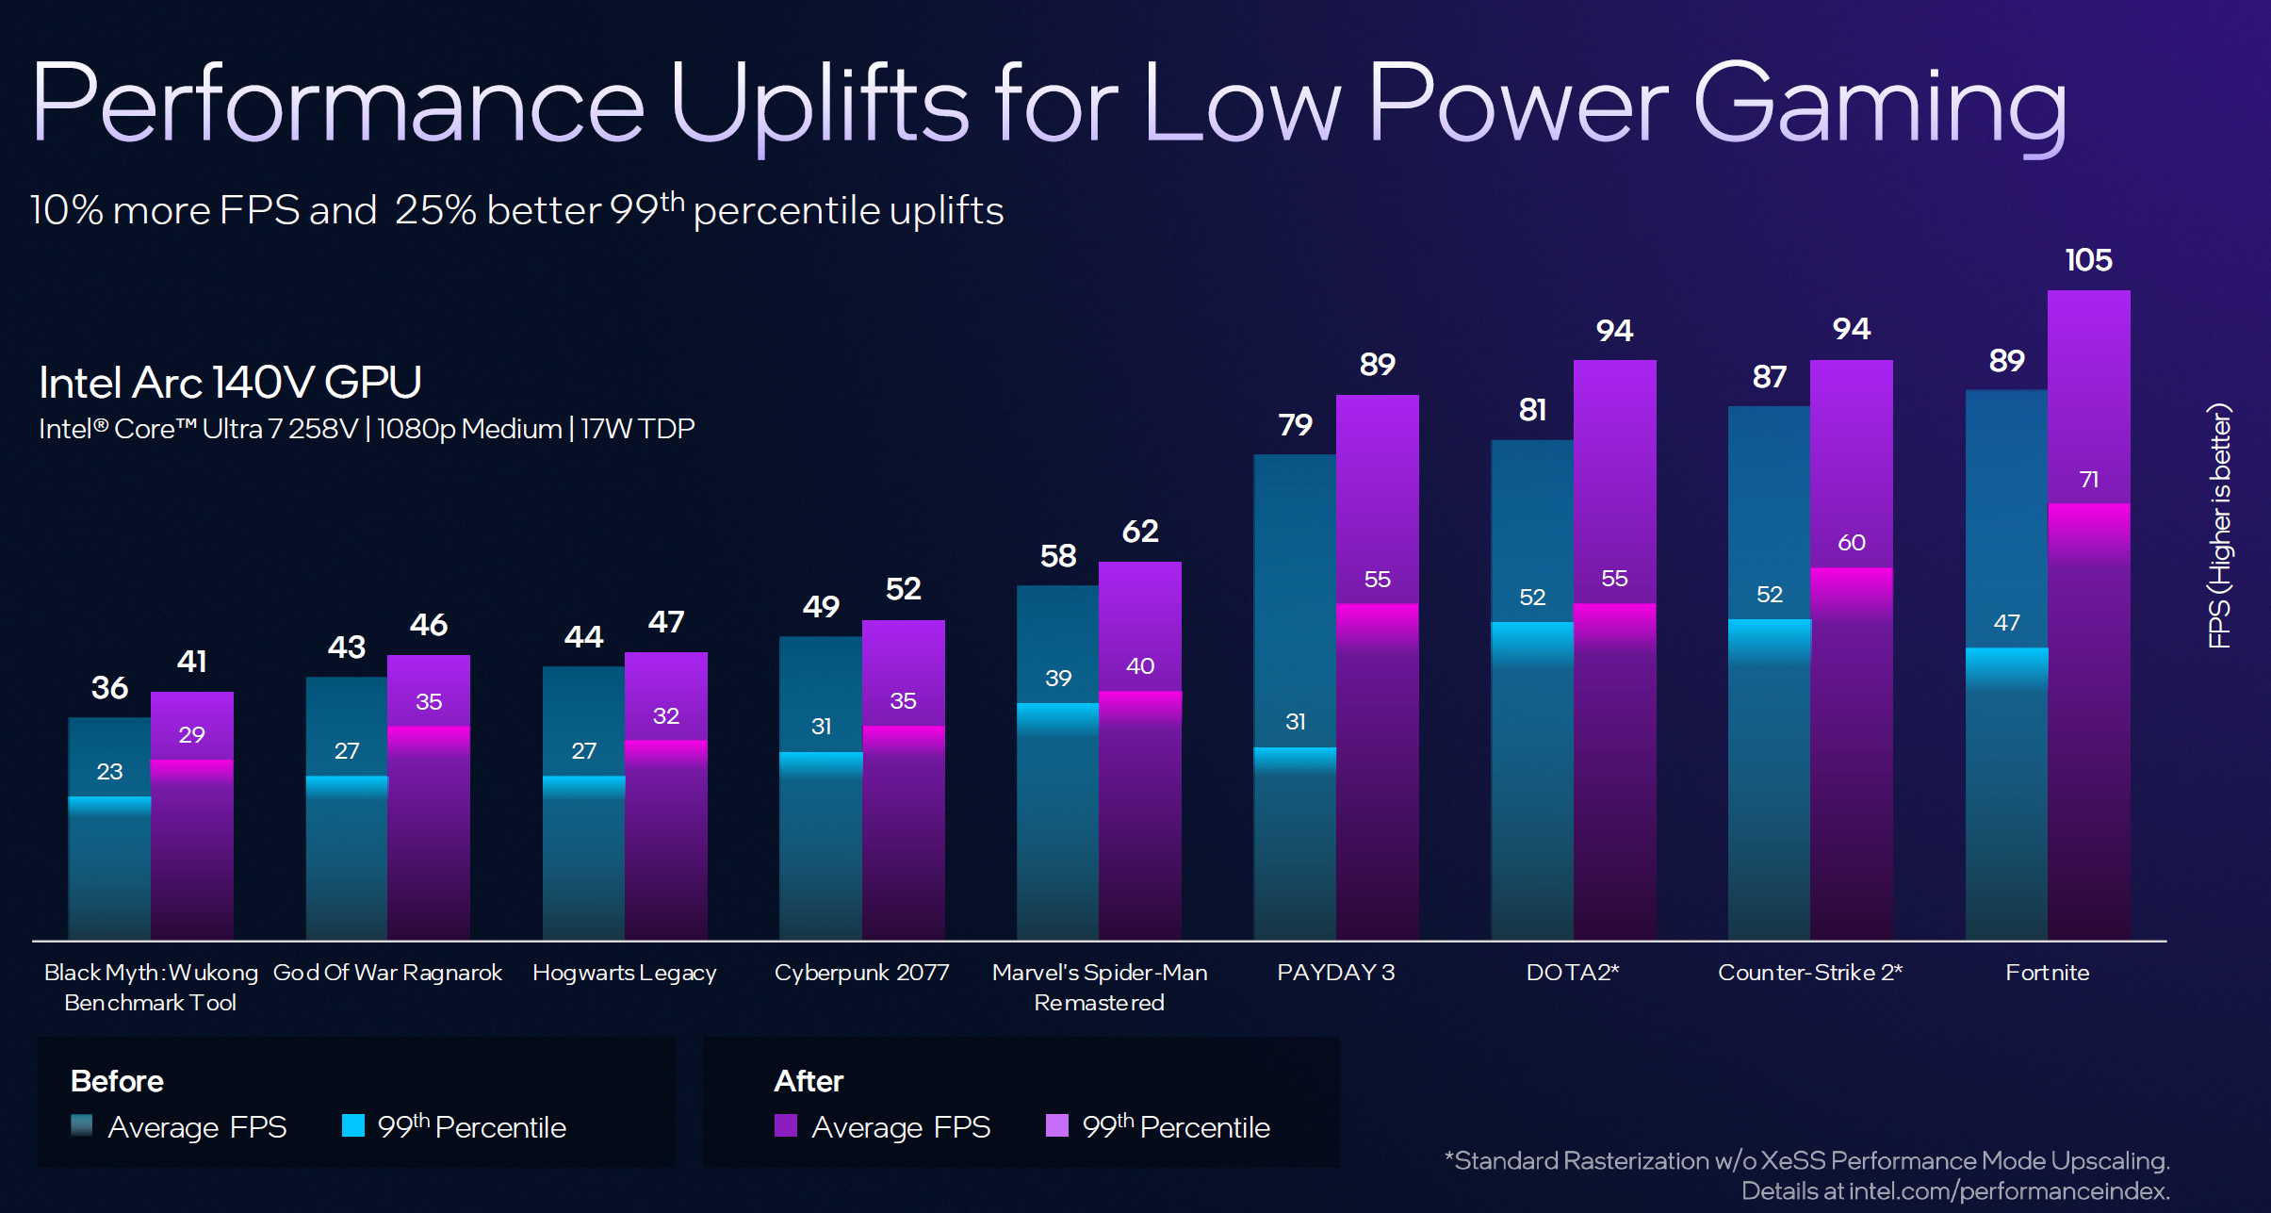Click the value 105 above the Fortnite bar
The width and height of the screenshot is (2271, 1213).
pyautogui.click(x=2088, y=260)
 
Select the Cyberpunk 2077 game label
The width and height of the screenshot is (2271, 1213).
pyautogui.click(x=861, y=972)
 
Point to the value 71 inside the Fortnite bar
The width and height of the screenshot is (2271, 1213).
pyautogui.click(x=2088, y=480)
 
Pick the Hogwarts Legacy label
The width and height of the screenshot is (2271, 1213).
pyautogui.click(x=624, y=972)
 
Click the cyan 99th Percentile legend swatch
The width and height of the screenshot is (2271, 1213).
pyautogui.click(x=353, y=1125)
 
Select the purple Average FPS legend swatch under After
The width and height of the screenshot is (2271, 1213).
pyautogui.click(x=785, y=1125)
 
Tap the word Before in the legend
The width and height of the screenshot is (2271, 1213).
pyautogui.click(x=117, y=1081)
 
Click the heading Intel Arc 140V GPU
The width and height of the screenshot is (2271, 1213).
pyautogui.click(x=230, y=383)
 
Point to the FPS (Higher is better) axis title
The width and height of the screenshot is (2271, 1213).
pyautogui.click(x=2219, y=525)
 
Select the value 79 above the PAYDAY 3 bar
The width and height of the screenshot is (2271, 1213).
pyautogui.click(x=1295, y=425)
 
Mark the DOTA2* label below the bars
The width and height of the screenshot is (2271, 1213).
pyautogui.click(x=1572, y=972)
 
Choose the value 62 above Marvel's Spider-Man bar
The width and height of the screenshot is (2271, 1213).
pyautogui.click(x=1140, y=532)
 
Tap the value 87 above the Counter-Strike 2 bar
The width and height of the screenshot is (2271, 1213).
pyautogui.click(x=1769, y=377)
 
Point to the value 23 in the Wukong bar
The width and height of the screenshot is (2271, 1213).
pyautogui.click(x=109, y=771)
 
